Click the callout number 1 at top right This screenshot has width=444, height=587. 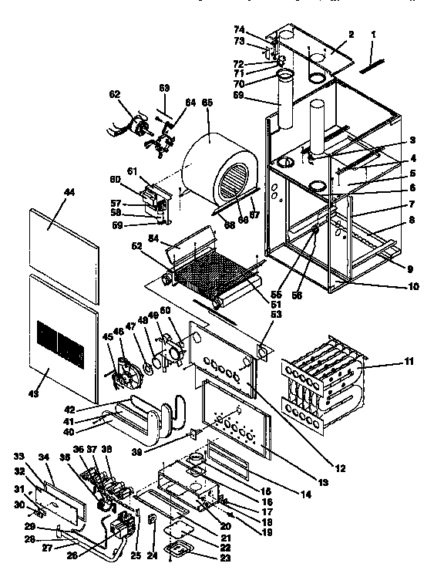coord(373,35)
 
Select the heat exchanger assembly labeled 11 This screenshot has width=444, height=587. coord(324,378)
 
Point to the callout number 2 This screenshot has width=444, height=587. coord(351,34)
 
